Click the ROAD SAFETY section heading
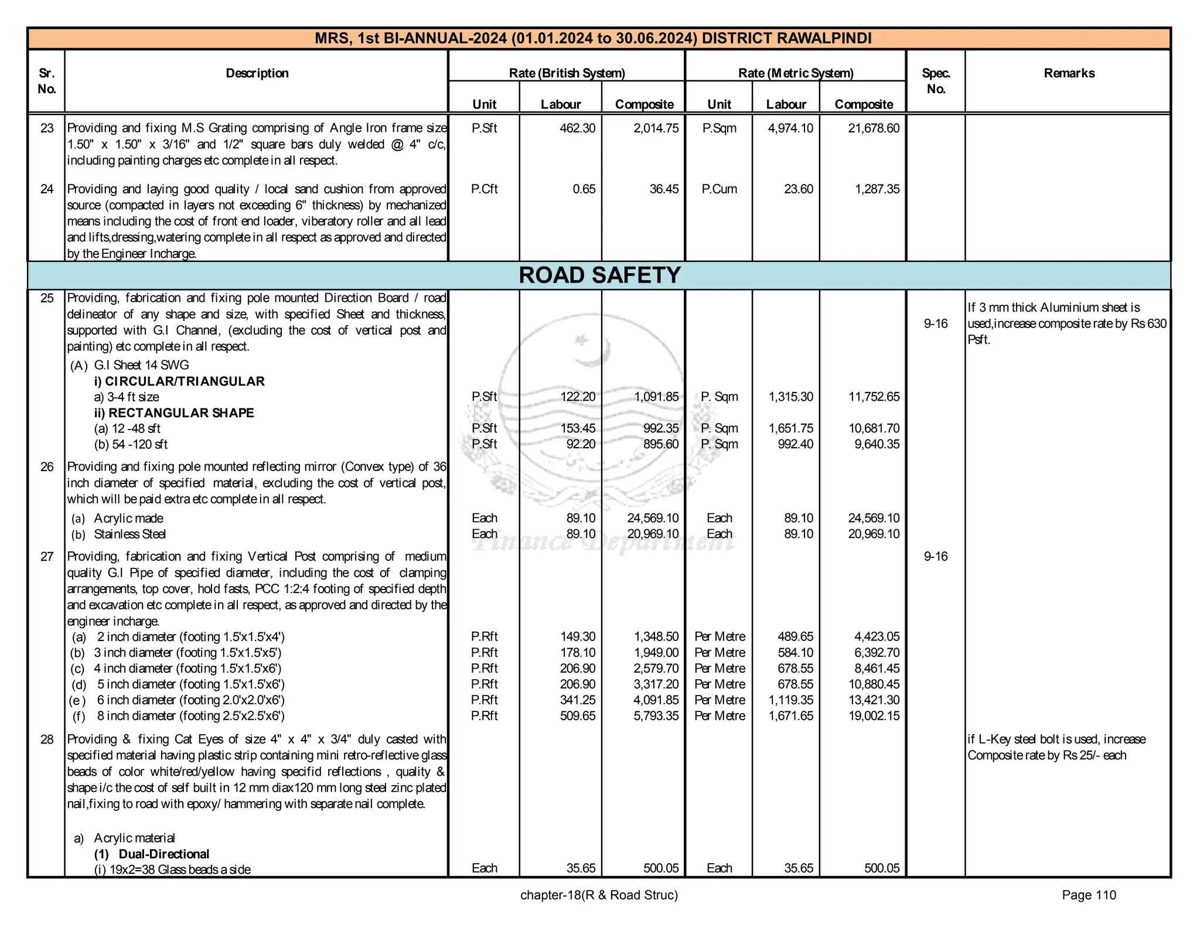pos(599,275)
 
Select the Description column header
pos(257,73)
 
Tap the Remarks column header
pos(1069,73)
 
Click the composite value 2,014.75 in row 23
pos(656,128)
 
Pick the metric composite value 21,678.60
pos(873,128)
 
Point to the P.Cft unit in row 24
pos(484,189)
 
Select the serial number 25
pos(47,298)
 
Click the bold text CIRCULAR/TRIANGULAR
pos(185,381)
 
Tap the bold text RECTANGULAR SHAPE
pos(180,413)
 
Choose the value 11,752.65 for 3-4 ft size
pos(874,397)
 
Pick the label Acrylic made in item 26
pos(128,519)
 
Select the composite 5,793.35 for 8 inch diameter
pos(656,716)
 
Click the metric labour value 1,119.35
pos(790,700)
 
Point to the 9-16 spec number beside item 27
pos(935,557)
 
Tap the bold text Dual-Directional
pos(163,854)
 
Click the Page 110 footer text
pos(1089,895)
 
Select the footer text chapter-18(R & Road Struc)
pos(599,895)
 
